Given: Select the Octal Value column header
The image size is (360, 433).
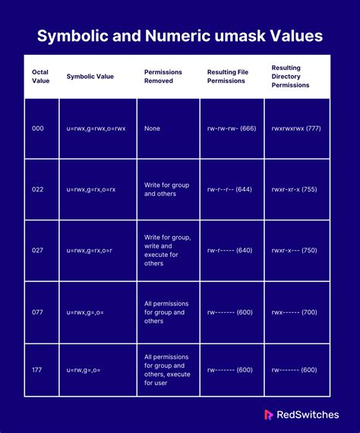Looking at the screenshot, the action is pos(40,76).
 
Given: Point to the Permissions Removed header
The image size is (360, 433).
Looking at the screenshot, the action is pos(163,76).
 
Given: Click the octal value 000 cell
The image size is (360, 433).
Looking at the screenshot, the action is pos(38,128).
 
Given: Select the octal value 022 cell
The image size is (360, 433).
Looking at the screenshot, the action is pos(38,189).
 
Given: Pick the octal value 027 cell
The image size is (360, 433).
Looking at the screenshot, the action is pos(38,250).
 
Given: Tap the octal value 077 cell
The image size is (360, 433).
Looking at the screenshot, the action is pos(38,312).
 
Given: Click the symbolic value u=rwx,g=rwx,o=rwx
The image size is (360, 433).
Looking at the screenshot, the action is pos(96,128).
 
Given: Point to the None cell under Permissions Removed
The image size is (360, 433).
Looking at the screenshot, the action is pos(152,128).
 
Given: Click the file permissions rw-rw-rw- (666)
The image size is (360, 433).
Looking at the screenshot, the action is pos(232,128).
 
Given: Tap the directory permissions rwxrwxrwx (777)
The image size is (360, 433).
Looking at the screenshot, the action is pos(295,128).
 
